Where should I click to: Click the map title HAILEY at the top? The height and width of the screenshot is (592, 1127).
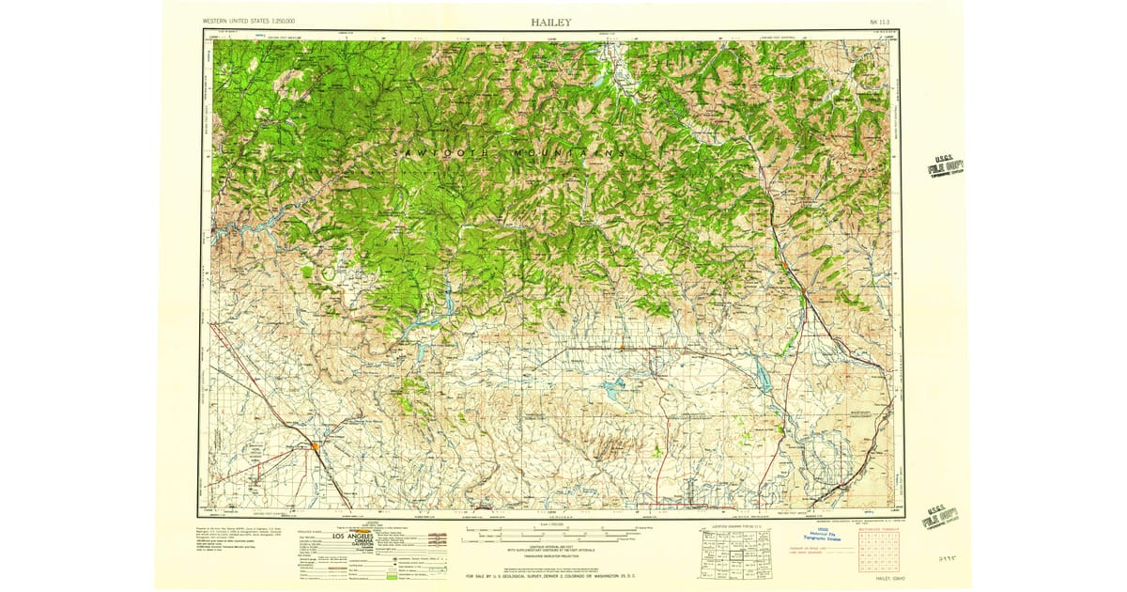(x=550, y=22)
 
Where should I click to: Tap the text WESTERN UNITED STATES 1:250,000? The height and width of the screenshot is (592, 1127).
(x=248, y=21)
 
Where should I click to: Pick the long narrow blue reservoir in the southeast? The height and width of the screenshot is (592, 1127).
(x=763, y=379)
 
